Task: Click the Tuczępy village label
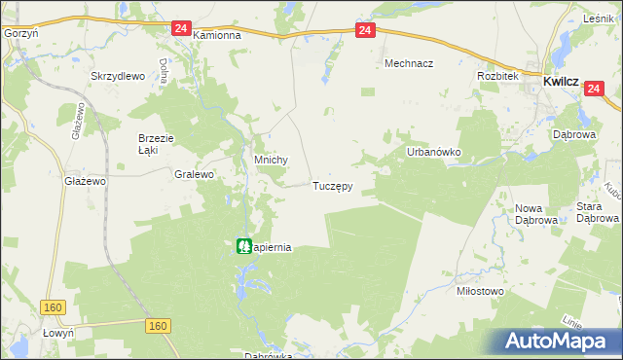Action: click(x=332, y=185)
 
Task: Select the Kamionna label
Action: click(x=216, y=34)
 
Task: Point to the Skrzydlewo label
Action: click(x=117, y=76)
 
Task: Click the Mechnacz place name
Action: click(x=408, y=62)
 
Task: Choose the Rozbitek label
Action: click(x=495, y=76)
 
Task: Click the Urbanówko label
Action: click(x=432, y=153)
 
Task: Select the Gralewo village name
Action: click(x=193, y=175)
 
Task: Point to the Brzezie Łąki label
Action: click(x=155, y=144)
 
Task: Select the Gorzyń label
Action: click(x=20, y=33)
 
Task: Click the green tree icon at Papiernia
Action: click(x=243, y=246)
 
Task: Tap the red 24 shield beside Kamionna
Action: click(x=180, y=29)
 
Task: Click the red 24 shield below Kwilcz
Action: click(x=596, y=89)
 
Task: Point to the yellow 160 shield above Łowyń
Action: click(x=55, y=307)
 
